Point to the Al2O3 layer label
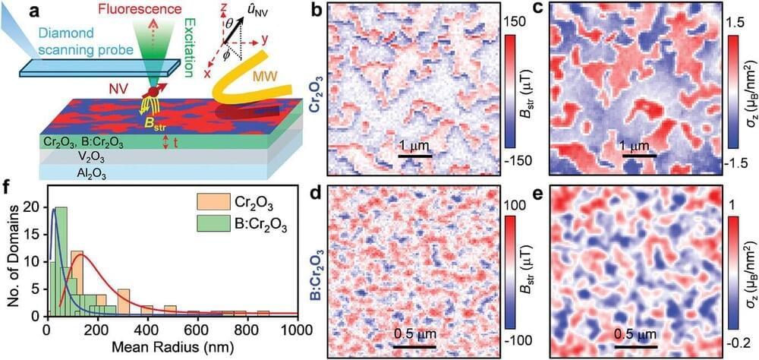(x=69, y=174)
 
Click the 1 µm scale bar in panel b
(x=415, y=156)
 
